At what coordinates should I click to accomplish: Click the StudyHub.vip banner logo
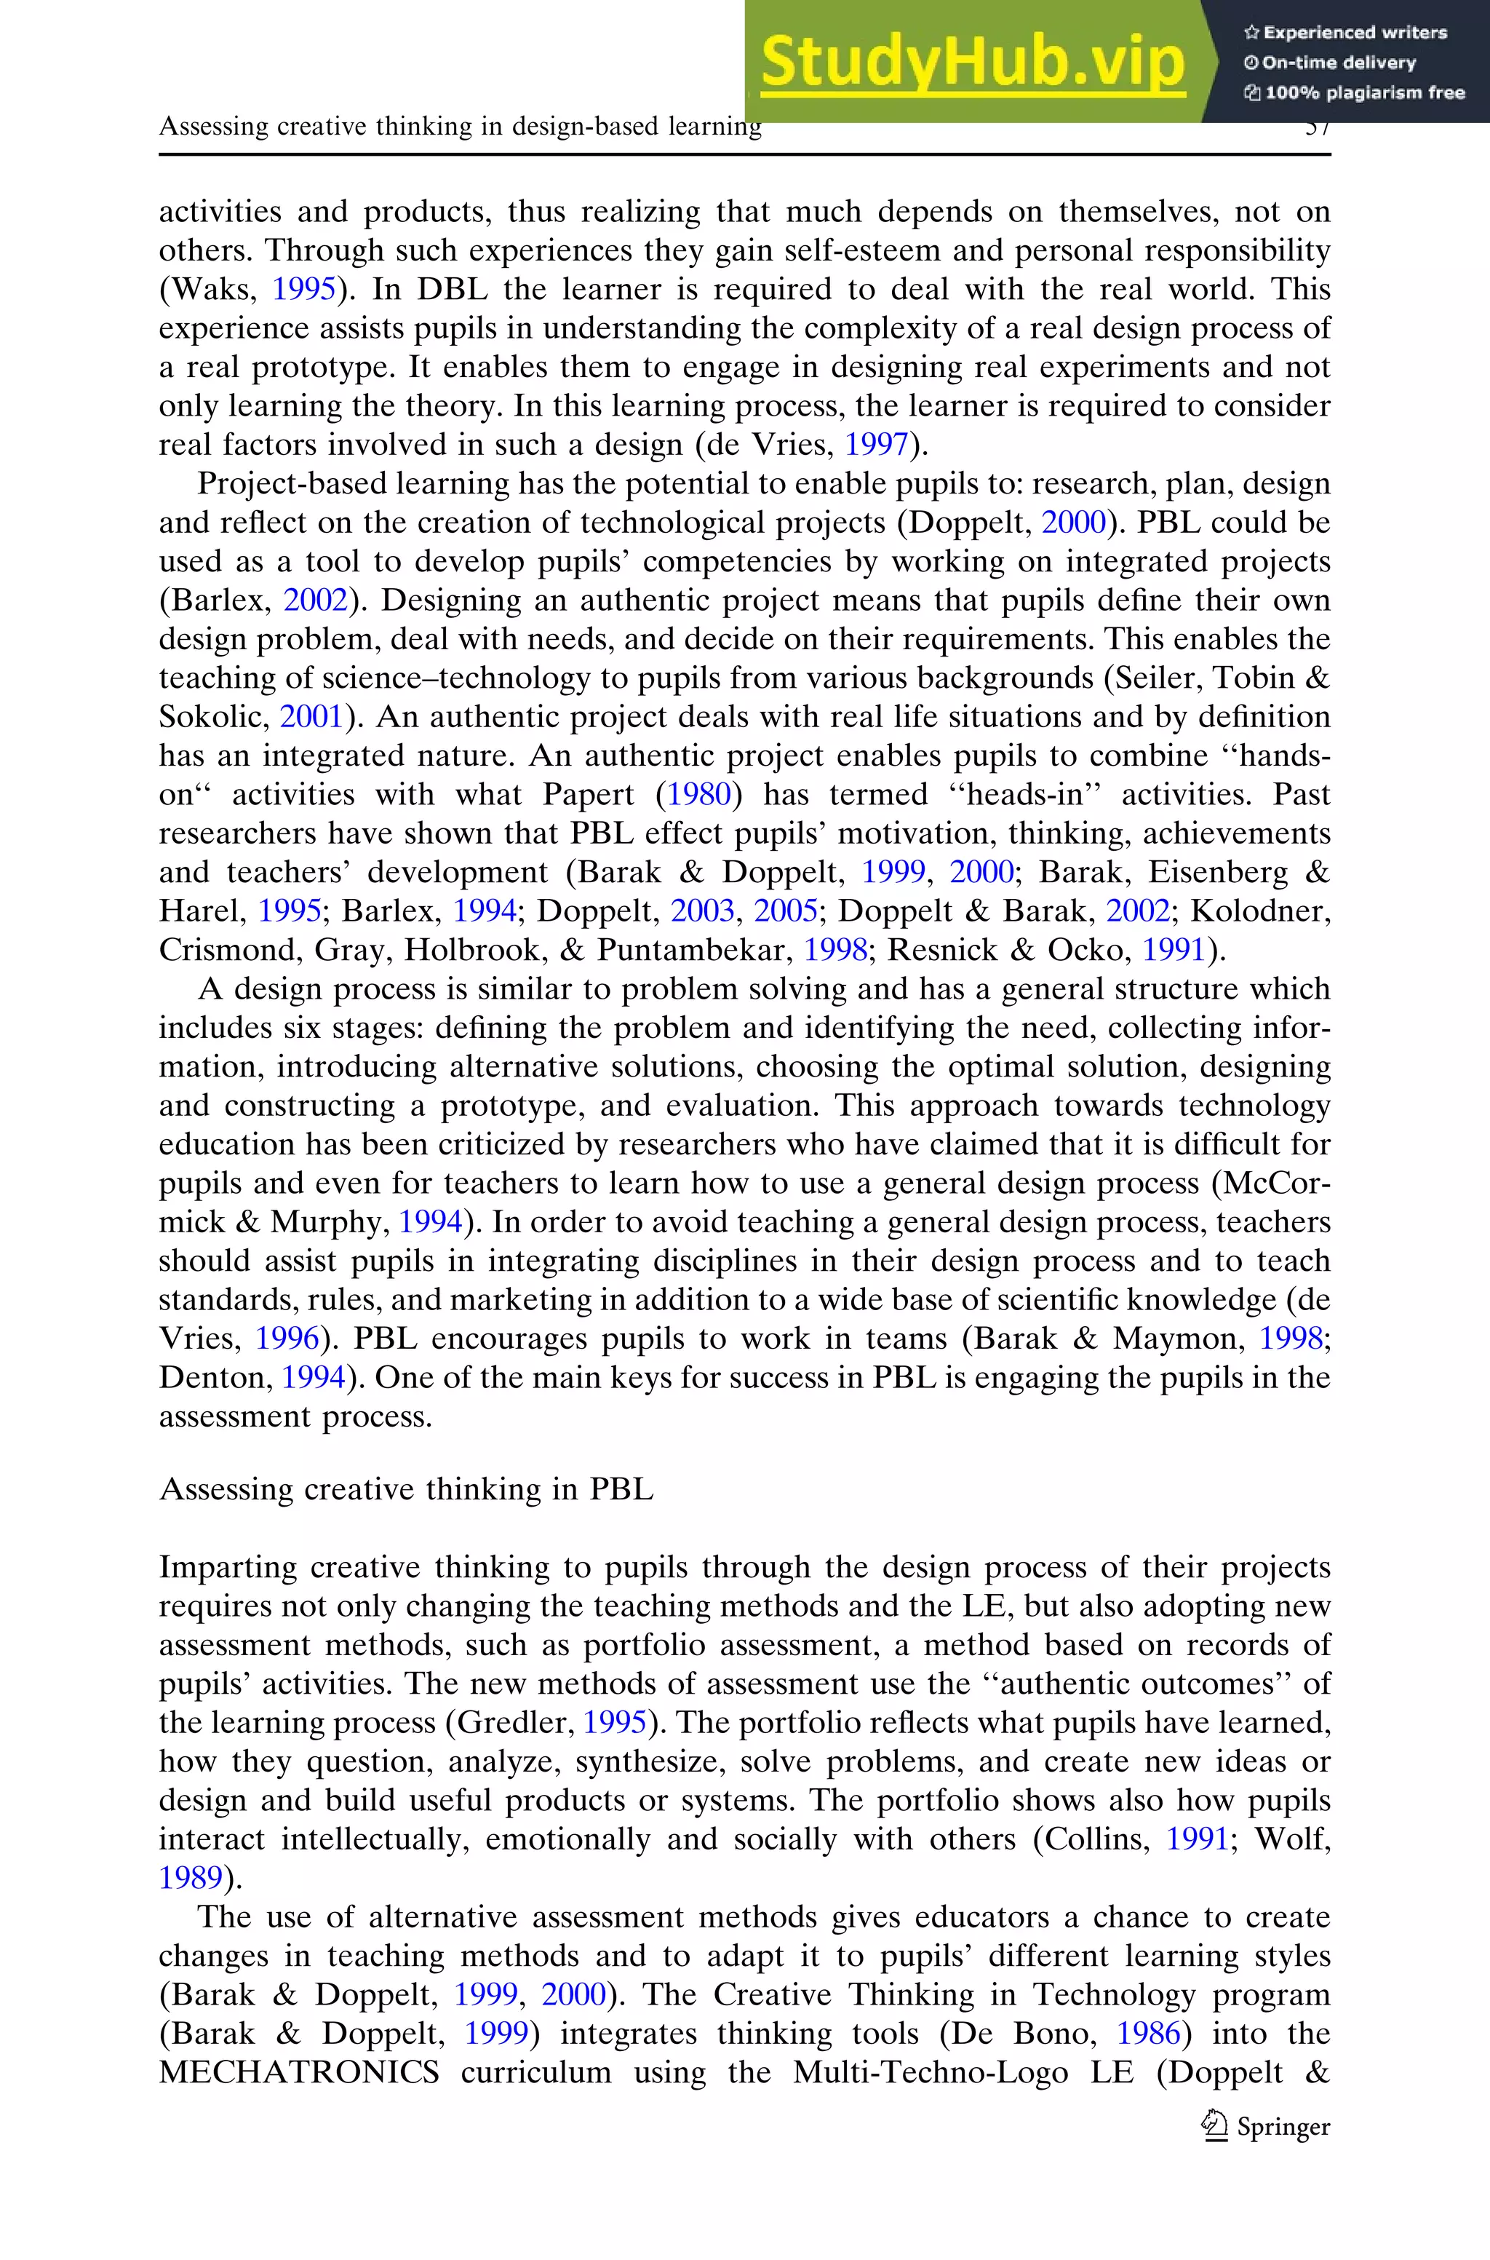click(x=972, y=62)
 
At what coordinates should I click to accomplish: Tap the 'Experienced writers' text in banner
click(x=1345, y=32)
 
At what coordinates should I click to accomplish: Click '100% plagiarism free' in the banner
click(x=1355, y=92)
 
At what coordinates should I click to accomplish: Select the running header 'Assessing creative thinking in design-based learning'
click(x=460, y=127)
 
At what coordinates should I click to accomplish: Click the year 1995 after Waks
click(x=304, y=289)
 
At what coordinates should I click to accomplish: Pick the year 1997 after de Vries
click(x=877, y=444)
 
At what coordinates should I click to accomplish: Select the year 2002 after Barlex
click(x=316, y=600)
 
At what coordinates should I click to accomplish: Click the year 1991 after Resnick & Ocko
click(x=1174, y=949)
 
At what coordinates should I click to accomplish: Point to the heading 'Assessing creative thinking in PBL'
click(x=407, y=1488)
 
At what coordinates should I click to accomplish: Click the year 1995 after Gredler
click(x=615, y=1722)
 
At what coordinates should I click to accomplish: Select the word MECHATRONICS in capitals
click(x=299, y=2071)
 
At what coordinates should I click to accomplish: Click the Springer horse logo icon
click(x=1214, y=2125)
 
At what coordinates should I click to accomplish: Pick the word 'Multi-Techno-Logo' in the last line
click(x=931, y=2071)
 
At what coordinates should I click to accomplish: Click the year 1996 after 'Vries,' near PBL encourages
click(x=287, y=1338)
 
